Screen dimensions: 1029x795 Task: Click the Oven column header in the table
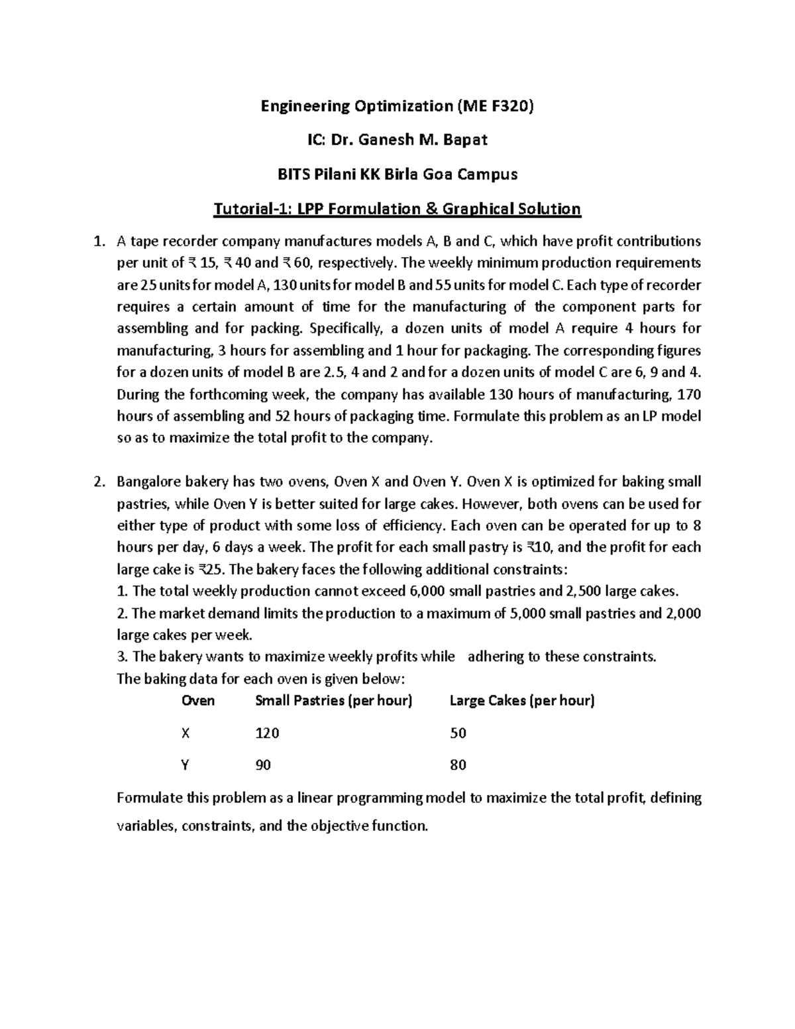point(198,700)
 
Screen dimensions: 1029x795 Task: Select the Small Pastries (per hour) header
point(334,700)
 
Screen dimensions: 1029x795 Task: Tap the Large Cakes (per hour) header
point(522,700)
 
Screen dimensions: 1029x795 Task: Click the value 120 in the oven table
point(267,733)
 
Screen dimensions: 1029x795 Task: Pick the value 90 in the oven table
point(263,765)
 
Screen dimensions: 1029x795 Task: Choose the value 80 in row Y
point(458,765)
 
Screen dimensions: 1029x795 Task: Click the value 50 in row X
point(458,733)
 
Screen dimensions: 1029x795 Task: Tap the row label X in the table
point(185,733)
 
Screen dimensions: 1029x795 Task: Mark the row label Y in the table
point(185,765)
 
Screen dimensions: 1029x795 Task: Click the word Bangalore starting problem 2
point(148,482)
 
